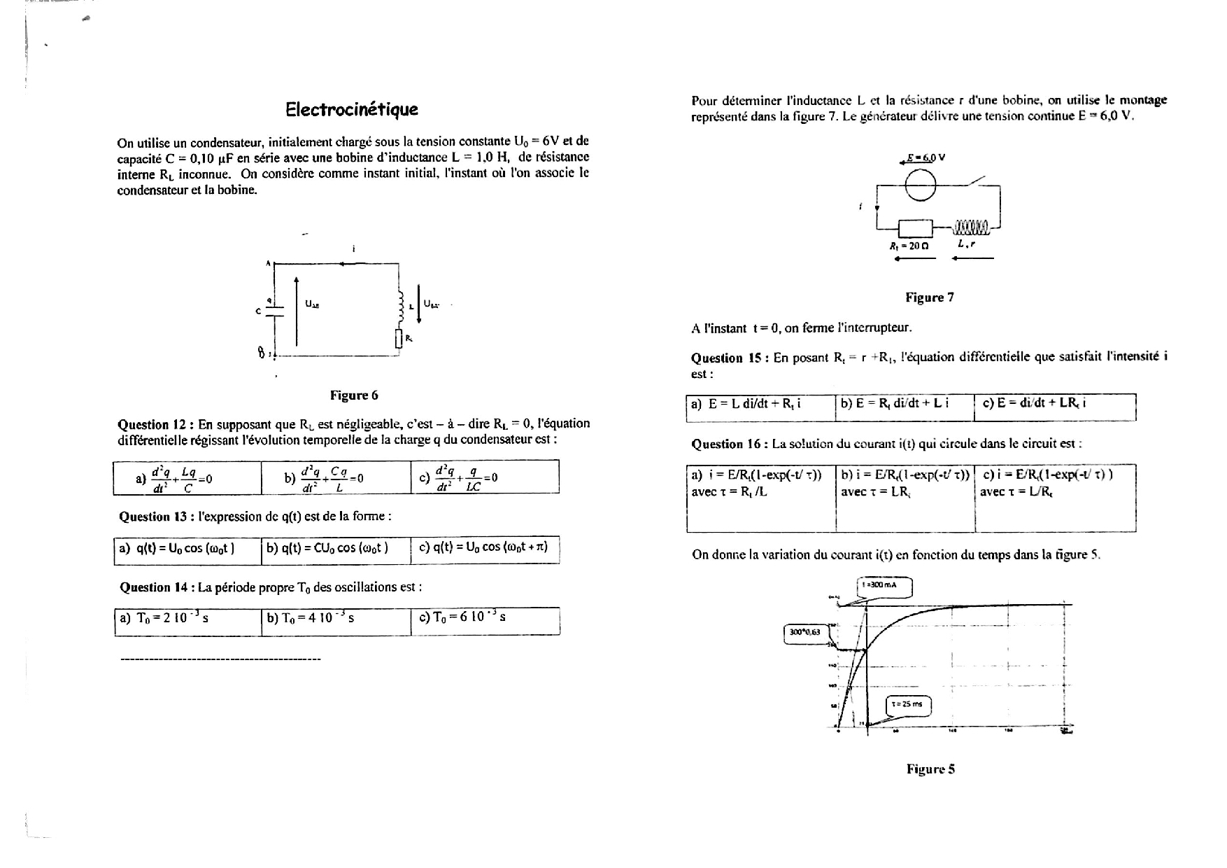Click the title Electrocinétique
(x=352, y=109)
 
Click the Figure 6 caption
(x=354, y=395)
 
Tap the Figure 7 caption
(x=929, y=297)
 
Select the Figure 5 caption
(x=930, y=769)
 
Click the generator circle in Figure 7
(x=921, y=185)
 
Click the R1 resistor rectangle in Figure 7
(x=915, y=228)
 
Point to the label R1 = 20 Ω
(x=909, y=246)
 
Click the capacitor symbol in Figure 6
(x=276, y=311)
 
